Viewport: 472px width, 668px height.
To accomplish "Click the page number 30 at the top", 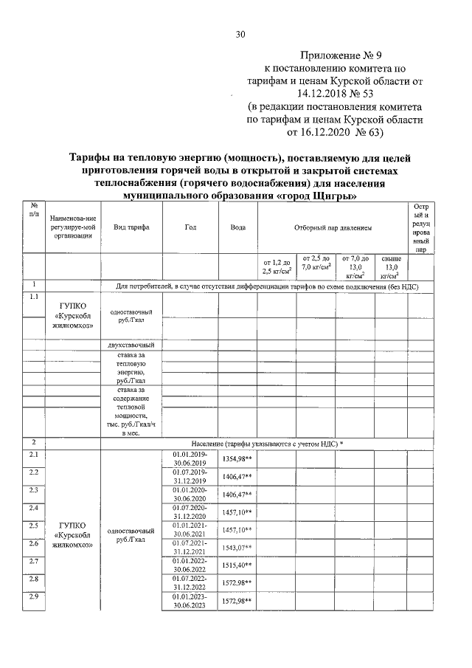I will [240, 34].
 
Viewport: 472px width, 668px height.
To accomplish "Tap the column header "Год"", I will [190, 227].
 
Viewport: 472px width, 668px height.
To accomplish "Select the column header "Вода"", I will [237, 227].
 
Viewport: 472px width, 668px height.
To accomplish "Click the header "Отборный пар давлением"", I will [333, 227].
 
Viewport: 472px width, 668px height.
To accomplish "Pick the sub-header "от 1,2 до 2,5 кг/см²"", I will [277, 266].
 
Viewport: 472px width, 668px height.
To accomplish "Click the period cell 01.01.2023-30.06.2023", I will [190, 600].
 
